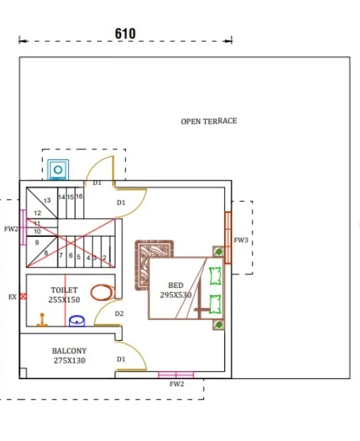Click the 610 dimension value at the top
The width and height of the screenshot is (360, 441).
125,33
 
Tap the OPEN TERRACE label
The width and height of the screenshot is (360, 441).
208,121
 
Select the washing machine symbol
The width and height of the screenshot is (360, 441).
58,169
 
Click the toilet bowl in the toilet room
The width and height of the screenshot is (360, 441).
102,292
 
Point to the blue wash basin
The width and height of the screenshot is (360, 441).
77,321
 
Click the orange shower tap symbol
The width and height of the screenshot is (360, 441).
42,320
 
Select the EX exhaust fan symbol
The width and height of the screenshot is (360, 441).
23,296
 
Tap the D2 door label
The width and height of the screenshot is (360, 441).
120,314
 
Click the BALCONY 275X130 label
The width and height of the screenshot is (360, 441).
70,356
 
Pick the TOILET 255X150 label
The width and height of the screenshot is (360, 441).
64,294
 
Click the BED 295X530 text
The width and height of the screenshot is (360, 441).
176,290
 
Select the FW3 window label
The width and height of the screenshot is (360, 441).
241,240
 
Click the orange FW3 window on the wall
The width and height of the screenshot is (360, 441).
228,238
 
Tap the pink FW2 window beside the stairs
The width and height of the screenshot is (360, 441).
23,227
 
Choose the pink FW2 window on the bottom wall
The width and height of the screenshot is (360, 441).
176,375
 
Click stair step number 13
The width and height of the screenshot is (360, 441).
47,201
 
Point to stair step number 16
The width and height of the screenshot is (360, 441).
79,196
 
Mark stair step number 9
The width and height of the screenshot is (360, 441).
37,243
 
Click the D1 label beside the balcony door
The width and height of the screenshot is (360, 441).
121,359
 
